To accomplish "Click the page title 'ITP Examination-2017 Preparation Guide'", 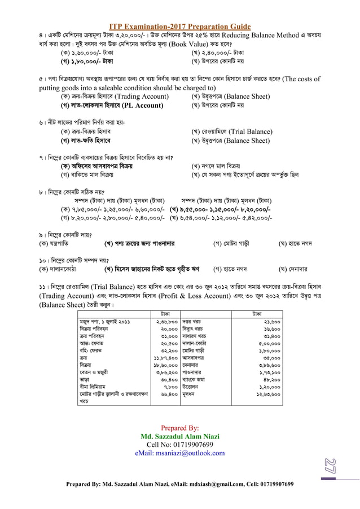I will [179, 27].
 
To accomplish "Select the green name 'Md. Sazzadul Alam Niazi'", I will [179, 436].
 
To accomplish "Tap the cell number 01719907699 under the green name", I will [179, 445].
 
